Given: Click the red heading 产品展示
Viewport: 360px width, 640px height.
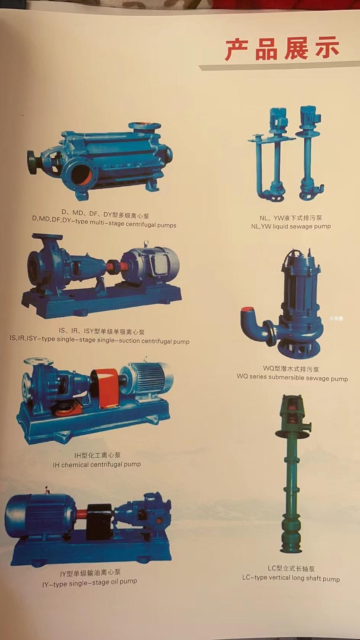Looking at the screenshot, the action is click(x=282, y=49).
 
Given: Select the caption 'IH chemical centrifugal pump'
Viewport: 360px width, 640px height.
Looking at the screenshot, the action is click(x=97, y=465).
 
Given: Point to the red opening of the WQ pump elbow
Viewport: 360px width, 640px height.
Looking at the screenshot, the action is click(x=247, y=309).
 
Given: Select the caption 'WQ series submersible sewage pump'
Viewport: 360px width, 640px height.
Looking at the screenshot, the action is click(x=292, y=377).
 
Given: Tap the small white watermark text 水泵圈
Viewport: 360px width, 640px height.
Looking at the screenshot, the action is click(x=336, y=318).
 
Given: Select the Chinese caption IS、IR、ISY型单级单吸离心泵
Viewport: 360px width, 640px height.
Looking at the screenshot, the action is click(x=102, y=331).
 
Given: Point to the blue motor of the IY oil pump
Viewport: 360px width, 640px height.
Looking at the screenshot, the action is click(x=40, y=514).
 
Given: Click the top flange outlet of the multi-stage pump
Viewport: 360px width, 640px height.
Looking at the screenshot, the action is click(x=144, y=126).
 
